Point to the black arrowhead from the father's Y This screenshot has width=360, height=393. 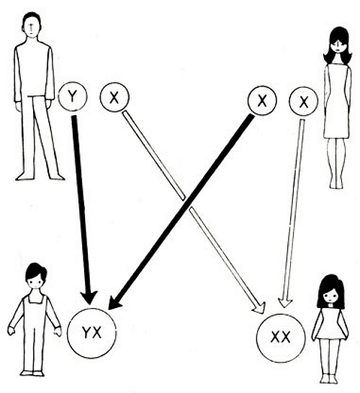[x=89, y=297]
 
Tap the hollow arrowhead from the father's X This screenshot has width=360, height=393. [x=259, y=308]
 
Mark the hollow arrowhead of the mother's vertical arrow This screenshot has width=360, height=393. [x=285, y=302]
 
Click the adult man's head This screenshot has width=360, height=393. [x=32, y=26]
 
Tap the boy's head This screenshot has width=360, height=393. [x=36, y=276]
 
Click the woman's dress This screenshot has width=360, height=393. [x=337, y=100]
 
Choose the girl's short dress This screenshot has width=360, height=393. [x=330, y=323]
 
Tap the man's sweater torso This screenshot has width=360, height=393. [x=34, y=71]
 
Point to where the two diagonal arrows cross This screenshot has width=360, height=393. [x=186, y=202]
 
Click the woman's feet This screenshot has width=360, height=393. [x=336, y=185]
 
